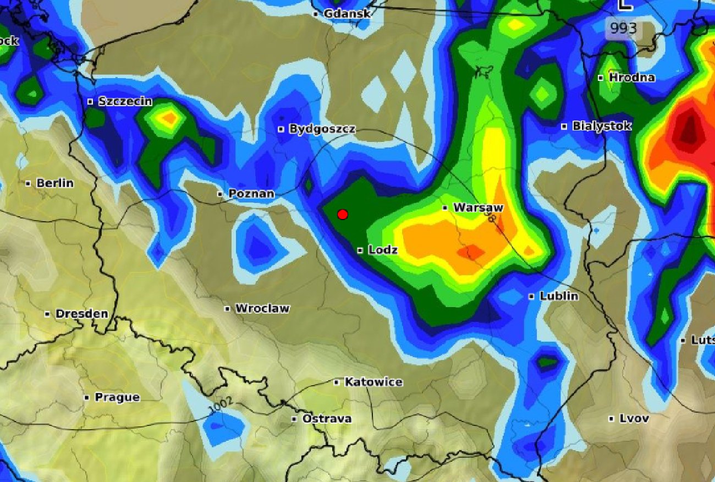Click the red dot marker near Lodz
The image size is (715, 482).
[x=343, y=214]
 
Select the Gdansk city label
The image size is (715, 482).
[x=346, y=13]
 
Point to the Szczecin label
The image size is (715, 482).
[x=125, y=101]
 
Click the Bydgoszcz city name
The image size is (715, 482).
[x=322, y=129]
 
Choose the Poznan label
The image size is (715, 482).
[x=251, y=194]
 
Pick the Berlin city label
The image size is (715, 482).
[x=54, y=183]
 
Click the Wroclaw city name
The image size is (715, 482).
[x=262, y=308]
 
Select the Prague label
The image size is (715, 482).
[x=117, y=397]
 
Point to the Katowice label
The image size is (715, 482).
[x=373, y=382]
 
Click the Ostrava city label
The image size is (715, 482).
[x=327, y=419]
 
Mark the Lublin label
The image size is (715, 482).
[x=558, y=296]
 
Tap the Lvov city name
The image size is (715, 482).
[x=634, y=418]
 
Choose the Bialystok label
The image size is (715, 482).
[x=601, y=126]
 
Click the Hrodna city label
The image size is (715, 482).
[x=631, y=78]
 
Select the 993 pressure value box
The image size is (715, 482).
[x=623, y=29]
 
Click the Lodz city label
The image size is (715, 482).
[x=383, y=250]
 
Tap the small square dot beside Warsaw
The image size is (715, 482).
[x=445, y=208]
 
